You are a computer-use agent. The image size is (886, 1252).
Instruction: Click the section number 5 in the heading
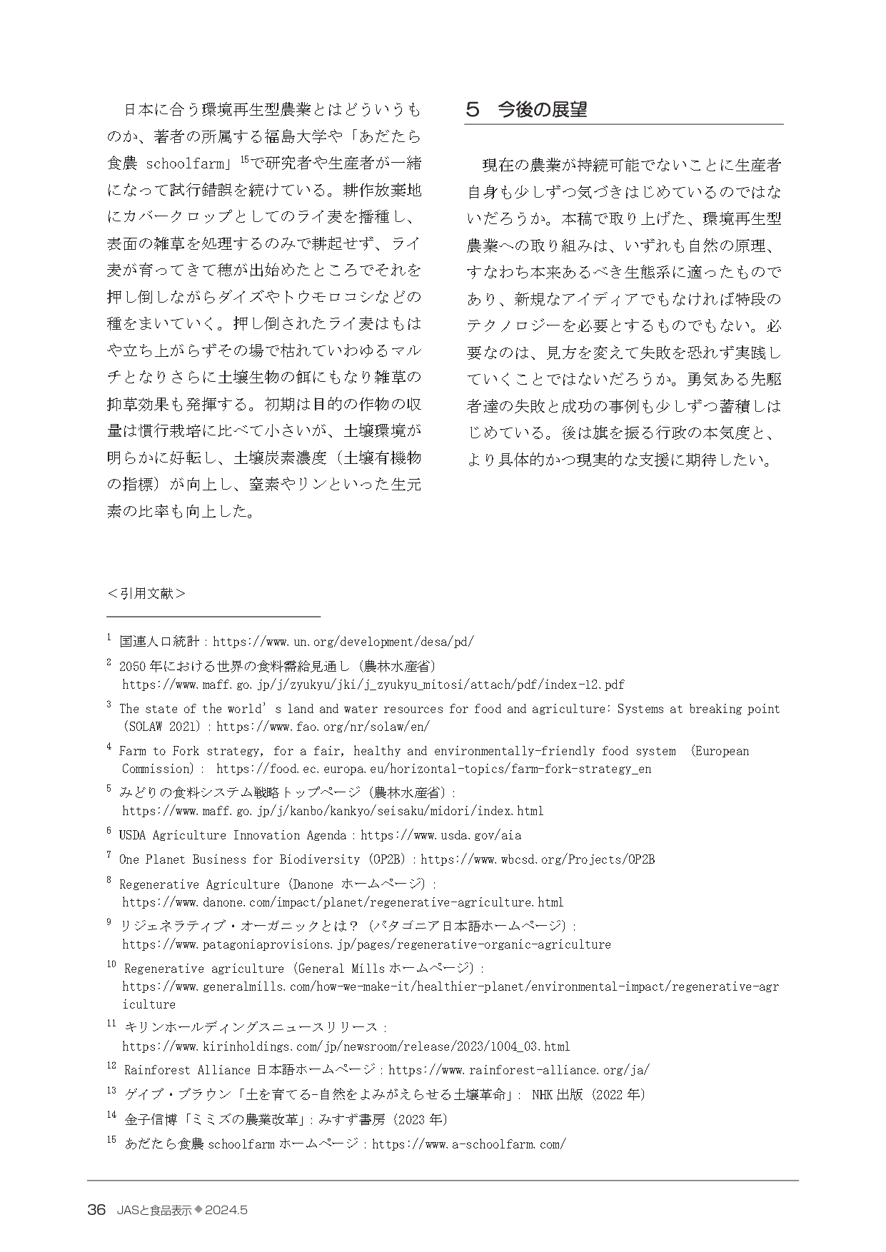pyautogui.click(x=471, y=109)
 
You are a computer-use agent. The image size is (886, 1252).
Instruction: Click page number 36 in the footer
pyautogui.click(x=96, y=1210)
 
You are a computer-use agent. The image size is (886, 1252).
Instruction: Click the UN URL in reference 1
pyautogui.click(x=343, y=642)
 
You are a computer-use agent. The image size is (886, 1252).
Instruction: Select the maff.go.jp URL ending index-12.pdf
pyautogui.click(x=373, y=685)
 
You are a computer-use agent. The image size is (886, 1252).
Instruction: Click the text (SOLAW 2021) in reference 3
pyautogui.click(x=163, y=727)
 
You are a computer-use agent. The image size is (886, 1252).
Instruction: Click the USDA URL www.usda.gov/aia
pyautogui.click(x=441, y=835)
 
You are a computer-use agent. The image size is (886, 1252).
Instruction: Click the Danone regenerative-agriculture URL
pyautogui.click(x=343, y=902)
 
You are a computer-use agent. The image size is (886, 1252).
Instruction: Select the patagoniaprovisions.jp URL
pyautogui.click(x=366, y=944)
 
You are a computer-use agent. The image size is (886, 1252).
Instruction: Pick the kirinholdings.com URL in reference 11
pyautogui.click(x=346, y=1046)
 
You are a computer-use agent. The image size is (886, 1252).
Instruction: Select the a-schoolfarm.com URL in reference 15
pyautogui.click(x=469, y=1144)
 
